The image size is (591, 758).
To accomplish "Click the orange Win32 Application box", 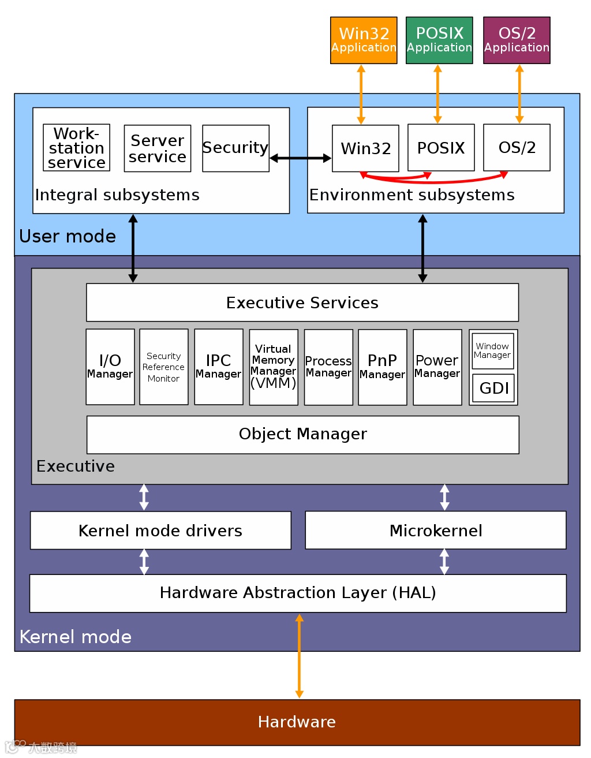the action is tap(364, 40).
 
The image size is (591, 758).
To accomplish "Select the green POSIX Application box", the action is tap(439, 40).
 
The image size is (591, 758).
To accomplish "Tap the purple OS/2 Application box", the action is tap(517, 40).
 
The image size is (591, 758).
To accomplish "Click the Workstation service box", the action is tap(76, 148).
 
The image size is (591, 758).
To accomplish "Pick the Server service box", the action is tap(158, 148).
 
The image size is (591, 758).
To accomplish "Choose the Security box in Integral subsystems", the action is tap(235, 148).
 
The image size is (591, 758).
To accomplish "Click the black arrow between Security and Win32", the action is tap(301, 158).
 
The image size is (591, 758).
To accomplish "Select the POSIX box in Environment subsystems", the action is tap(441, 148).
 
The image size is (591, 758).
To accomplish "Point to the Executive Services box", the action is tap(302, 303).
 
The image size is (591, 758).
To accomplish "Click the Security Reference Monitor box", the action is tap(164, 367).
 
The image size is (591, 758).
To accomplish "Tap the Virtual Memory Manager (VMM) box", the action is tap(274, 367).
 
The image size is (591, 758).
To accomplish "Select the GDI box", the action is tap(493, 388).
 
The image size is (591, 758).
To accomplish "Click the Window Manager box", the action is tap(493, 351).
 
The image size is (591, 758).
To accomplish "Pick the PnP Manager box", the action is tap(383, 367).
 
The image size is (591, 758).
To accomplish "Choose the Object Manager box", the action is tap(303, 435).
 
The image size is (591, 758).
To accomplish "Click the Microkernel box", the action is tap(436, 530).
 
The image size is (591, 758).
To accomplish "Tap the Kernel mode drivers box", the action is tap(161, 531).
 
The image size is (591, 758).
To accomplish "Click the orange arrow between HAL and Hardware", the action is tap(299, 656).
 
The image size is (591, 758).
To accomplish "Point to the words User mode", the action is tap(68, 236).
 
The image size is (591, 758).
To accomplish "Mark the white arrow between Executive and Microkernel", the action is tap(444, 498).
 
